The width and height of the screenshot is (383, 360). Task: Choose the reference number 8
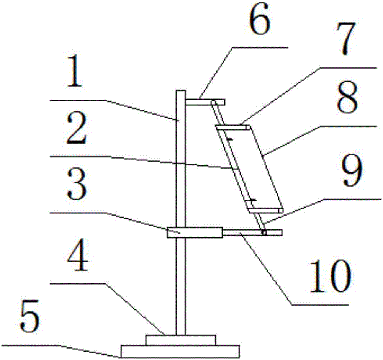click(347, 97)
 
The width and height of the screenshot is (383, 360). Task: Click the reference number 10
click(331, 276)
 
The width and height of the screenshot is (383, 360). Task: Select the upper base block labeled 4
click(181, 340)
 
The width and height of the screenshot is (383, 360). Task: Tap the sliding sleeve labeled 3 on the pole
click(195, 232)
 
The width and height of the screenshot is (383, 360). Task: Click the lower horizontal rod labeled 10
click(252, 232)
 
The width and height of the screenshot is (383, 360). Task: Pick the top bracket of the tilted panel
click(232, 128)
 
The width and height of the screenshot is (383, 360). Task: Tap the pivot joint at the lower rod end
click(264, 232)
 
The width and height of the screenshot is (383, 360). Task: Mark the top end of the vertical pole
click(180, 90)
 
